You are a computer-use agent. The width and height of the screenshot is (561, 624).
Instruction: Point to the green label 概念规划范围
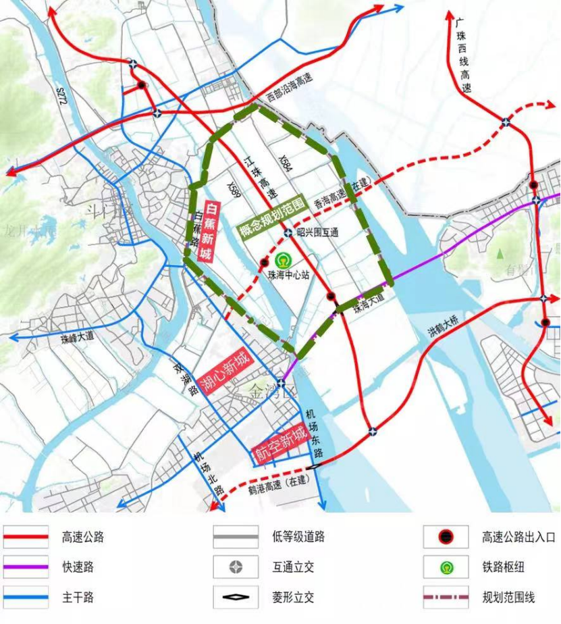(272, 218)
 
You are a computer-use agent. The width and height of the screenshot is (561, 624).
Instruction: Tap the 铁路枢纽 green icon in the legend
(446, 567)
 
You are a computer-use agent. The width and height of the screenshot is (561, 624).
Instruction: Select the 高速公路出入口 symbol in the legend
(446, 538)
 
